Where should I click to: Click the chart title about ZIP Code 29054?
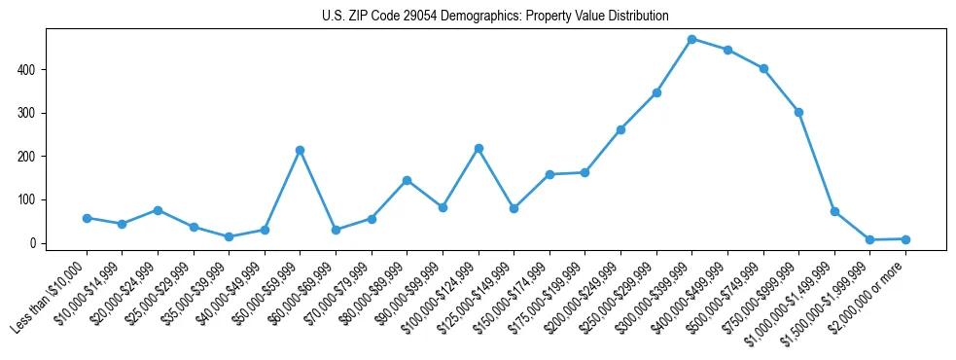tap(495, 16)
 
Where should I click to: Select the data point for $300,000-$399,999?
tap(691, 39)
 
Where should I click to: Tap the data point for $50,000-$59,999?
tap(300, 150)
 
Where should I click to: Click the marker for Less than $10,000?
tap(87, 218)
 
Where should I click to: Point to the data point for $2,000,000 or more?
tap(905, 238)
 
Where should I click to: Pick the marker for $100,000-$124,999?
tap(478, 148)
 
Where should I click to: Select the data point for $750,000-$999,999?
tap(798, 112)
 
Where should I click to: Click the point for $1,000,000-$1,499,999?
tap(834, 211)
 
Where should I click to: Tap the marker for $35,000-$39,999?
tap(229, 236)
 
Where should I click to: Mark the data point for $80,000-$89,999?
tap(407, 180)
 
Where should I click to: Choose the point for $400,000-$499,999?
tap(727, 50)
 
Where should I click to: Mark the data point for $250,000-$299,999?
tap(656, 92)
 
